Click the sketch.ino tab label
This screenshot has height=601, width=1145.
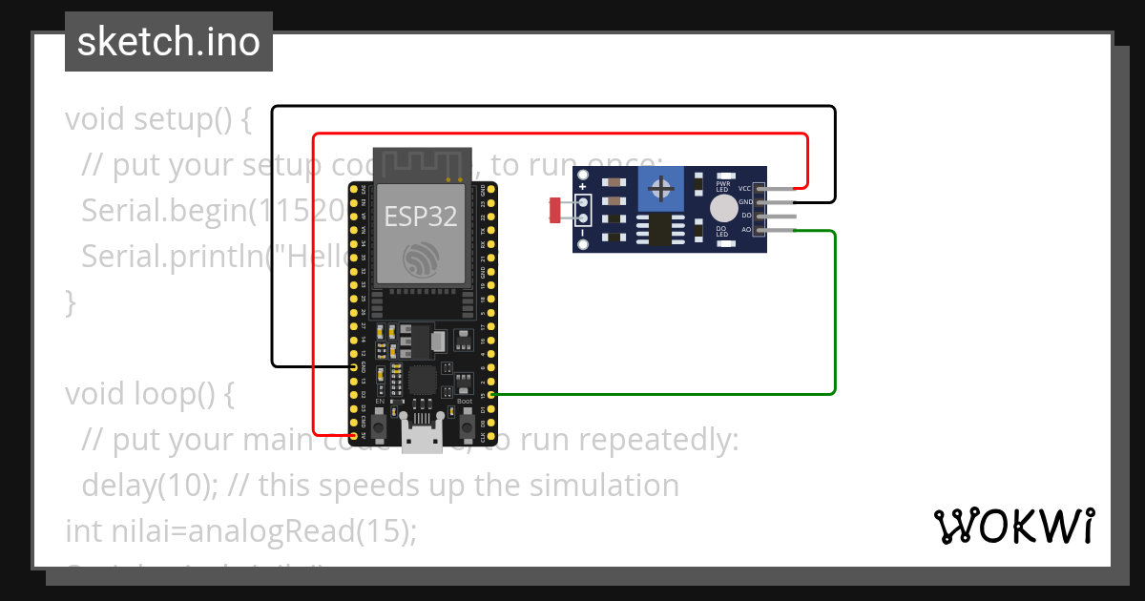point(169,42)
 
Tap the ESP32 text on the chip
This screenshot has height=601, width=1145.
point(421,216)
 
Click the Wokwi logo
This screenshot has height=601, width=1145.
point(1013,526)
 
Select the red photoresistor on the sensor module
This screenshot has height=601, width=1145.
point(556,209)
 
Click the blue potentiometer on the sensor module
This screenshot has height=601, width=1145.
point(661,189)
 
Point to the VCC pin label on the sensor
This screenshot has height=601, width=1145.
point(744,189)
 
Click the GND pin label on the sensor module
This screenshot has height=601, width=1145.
point(744,202)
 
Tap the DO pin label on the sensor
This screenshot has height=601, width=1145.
point(746,216)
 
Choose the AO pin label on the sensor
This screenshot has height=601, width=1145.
point(746,229)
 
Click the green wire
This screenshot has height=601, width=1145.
point(835,315)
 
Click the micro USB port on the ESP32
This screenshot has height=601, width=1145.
point(421,440)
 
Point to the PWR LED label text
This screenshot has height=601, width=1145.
point(723,186)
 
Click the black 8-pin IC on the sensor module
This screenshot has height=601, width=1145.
point(660,229)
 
